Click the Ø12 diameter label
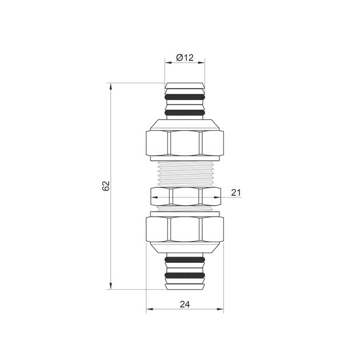[185, 57]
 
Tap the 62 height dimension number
[106, 186]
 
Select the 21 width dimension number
[236, 193]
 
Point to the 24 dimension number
[185, 305]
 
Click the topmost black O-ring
[185, 97]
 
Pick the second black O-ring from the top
[185, 113]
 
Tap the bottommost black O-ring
[185, 275]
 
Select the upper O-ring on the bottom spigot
[185, 259]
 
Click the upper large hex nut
[185, 143]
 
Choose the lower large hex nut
[185, 229]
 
